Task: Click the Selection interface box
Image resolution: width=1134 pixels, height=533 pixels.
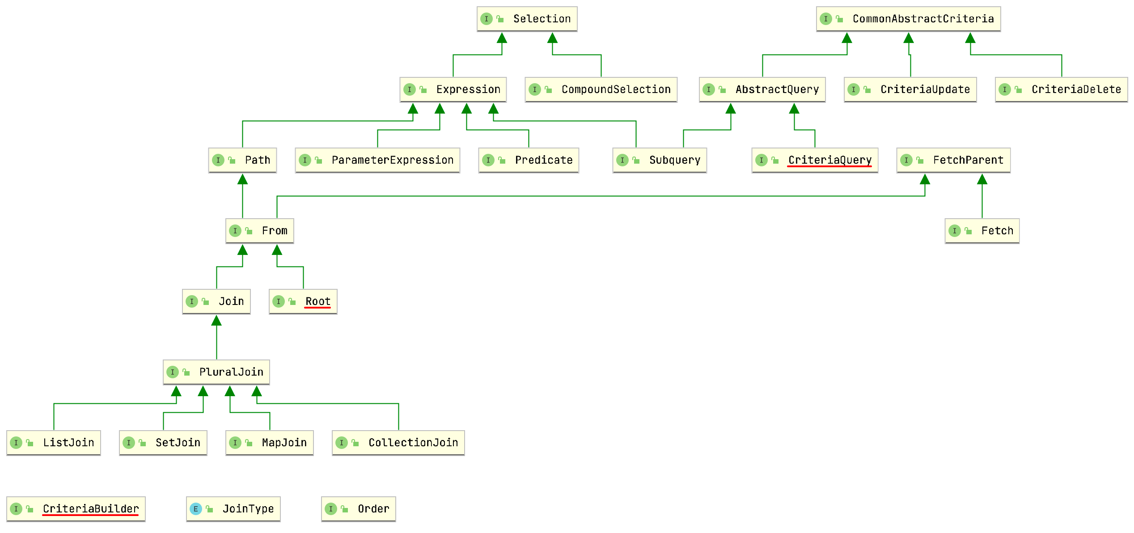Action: [x=527, y=19]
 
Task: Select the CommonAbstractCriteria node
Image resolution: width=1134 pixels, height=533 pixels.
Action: [x=908, y=19]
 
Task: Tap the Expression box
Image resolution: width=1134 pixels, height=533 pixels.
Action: [x=453, y=89]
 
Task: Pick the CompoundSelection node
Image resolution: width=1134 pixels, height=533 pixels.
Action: [x=601, y=89]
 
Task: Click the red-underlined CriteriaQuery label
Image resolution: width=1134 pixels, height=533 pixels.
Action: [x=829, y=160]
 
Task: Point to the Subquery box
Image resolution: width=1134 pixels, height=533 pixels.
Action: [x=659, y=160]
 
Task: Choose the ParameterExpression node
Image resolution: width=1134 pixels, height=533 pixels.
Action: [x=377, y=160]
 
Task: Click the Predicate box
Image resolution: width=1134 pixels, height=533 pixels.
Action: [x=528, y=160]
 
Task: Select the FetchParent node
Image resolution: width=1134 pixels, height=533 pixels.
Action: [x=953, y=160]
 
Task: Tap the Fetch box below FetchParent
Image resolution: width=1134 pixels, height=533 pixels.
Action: [x=982, y=231]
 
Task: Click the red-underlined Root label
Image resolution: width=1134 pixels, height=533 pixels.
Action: [x=317, y=301]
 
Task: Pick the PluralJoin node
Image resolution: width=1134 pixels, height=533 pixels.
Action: [x=216, y=372]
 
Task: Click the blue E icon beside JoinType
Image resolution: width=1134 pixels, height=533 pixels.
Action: [x=195, y=509]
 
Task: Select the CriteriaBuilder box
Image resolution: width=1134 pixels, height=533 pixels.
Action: [x=76, y=509]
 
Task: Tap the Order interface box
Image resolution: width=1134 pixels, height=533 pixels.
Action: [x=358, y=509]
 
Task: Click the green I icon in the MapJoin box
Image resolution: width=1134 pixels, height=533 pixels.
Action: [x=235, y=443]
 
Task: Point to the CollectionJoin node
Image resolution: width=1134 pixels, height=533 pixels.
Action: [x=398, y=443]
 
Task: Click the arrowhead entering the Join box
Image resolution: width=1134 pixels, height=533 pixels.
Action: [x=216, y=321]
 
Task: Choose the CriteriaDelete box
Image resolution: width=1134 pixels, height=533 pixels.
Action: [x=1061, y=89]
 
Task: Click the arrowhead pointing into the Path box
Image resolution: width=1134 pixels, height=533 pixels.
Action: [x=242, y=179]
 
